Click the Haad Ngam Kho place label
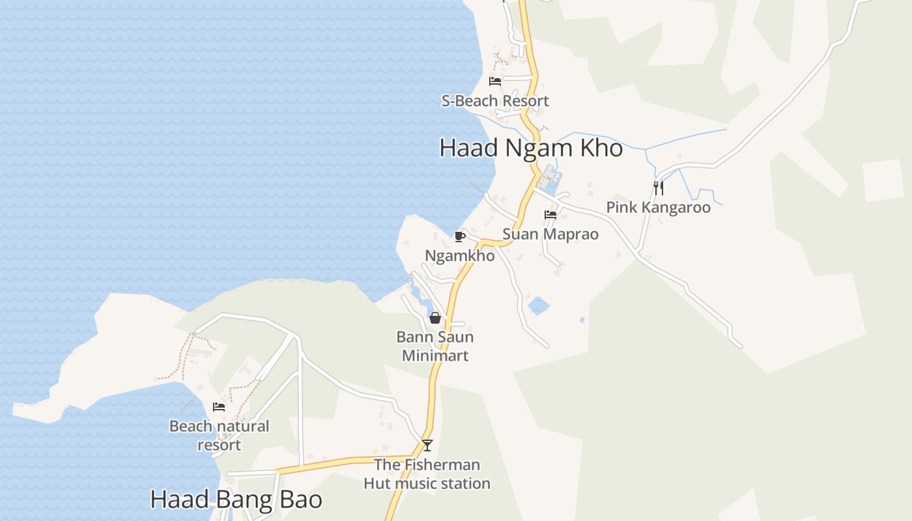(531, 148)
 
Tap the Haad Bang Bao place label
(236, 500)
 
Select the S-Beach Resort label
(495, 101)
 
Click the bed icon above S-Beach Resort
(495, 81)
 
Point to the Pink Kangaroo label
(658, 207)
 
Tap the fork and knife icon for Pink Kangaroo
(659, 188)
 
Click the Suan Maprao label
(550, 234)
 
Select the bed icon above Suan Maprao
(550, 214)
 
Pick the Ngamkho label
(459, 256)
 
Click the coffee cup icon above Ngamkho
(459, 236)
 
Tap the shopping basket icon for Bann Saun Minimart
(435, 318)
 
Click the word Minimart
(435, 356)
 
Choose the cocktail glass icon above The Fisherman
(427, 445)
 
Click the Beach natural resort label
(219, 435)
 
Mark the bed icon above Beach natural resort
(219, 407)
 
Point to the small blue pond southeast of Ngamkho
(539, 305)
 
